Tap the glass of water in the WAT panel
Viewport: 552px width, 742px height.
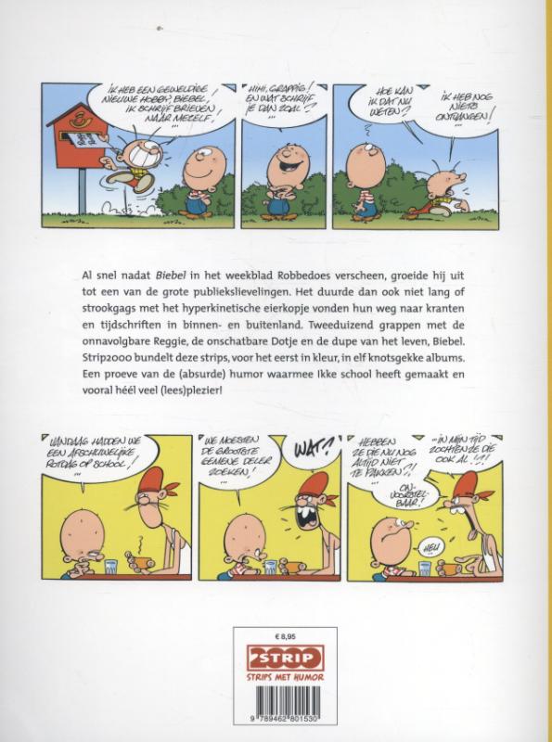(x=270, y=566)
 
